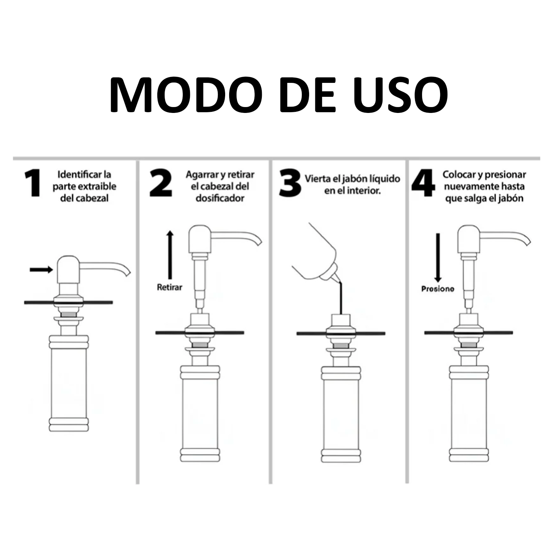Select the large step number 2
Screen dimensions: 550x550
click(x=161, y=183)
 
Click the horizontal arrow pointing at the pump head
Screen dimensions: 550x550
click(x=41, y=270)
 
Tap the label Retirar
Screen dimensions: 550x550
click(x=169, y=287)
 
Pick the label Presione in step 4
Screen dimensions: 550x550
click(x=438, y=289)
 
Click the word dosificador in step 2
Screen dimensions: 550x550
click(x=220, y=198)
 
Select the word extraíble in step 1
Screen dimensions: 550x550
click(x=98, y=186)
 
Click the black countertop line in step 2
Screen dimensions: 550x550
click(x=200, y=333)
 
